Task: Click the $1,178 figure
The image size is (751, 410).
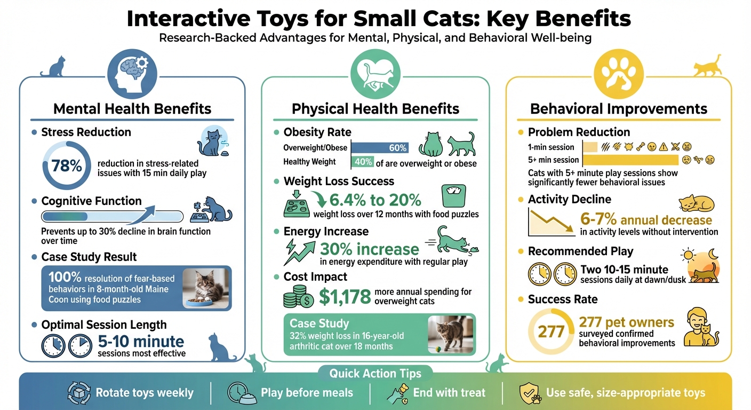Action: coord(345,296)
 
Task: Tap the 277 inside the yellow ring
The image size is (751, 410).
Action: coord(551,332)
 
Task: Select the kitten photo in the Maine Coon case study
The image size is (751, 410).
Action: coord(205,288)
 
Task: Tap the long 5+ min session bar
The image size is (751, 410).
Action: coord(630,160)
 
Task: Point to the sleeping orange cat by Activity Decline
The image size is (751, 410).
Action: coord(696,204)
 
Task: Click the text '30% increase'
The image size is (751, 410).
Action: coord(369,249)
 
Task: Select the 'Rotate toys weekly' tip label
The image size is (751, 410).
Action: coord(145,393)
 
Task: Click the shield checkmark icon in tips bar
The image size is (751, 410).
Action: coord(529,393)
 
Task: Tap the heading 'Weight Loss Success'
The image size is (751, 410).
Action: coord(339,181)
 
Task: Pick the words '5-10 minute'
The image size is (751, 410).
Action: coord(141,341)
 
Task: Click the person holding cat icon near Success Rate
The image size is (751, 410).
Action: coord(700,326)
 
